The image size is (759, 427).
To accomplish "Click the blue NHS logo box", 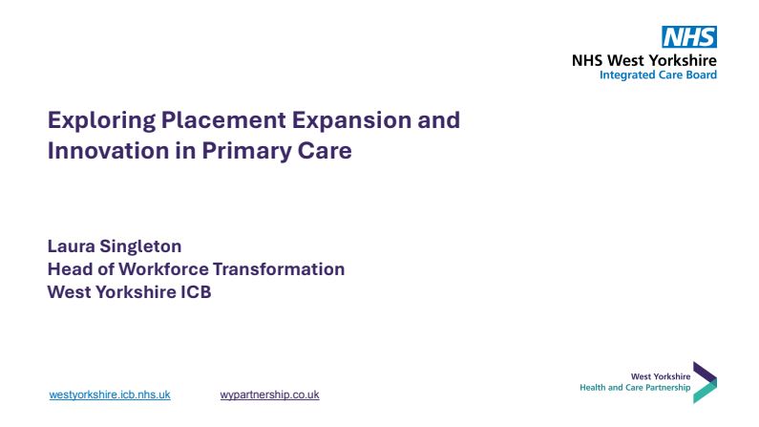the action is click(689, 37).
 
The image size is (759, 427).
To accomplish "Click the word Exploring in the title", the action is click(101, 120).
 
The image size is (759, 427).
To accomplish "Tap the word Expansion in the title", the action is click(352, 120).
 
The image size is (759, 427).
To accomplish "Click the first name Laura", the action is click(72, 246).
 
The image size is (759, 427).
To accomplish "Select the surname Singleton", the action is click(141, 246).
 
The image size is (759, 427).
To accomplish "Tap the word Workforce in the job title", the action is click(163, 269).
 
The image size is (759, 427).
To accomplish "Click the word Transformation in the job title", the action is click(279, 269).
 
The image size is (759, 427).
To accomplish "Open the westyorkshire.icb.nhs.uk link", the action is click(110, 395).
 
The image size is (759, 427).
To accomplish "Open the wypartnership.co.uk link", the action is click(269, 395).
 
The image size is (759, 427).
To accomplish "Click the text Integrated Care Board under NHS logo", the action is click(659, 75).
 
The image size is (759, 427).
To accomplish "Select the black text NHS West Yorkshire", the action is click(644, 60).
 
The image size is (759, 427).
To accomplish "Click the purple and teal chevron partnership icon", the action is click(705, 382).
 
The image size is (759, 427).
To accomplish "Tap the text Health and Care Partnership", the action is click(635, 387).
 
